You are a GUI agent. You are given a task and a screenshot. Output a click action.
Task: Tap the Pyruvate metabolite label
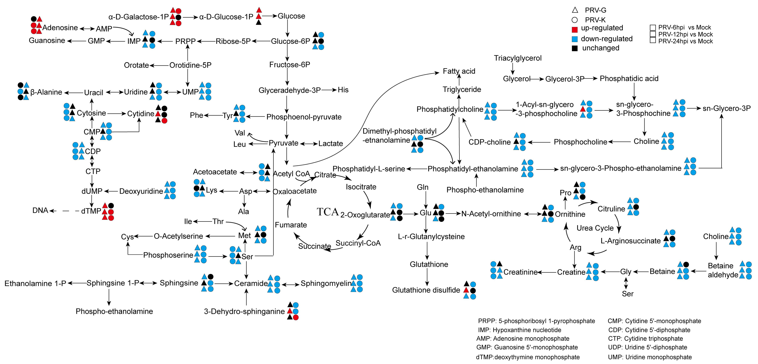(283, 143)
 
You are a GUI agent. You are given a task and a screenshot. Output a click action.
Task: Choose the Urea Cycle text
(595, 228)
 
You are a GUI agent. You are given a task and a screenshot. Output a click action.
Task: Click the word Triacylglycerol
(518, 58)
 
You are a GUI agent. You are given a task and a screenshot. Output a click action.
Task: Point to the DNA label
(40, 211)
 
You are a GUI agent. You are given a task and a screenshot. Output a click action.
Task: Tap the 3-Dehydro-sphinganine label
(244, 311)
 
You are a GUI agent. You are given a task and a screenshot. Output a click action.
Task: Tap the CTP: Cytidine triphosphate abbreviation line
(645, 339)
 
